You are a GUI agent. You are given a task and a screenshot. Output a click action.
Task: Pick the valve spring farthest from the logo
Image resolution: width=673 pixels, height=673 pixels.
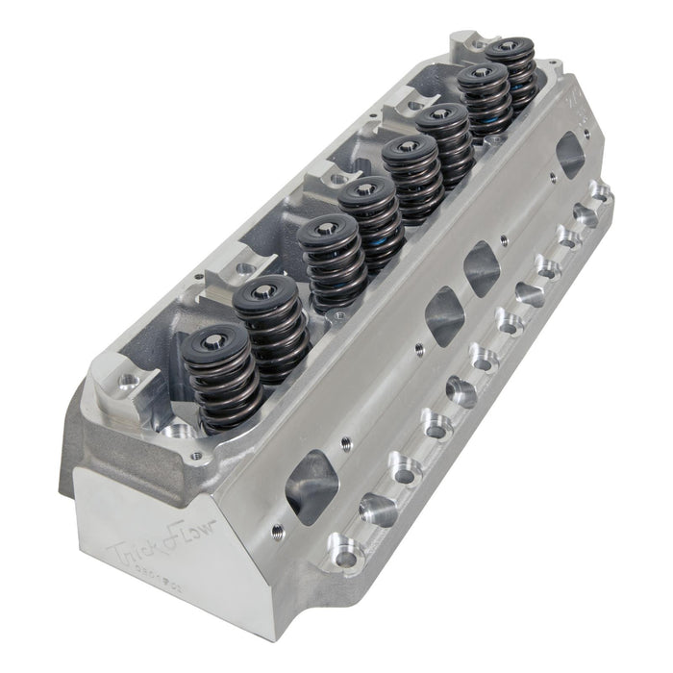[509, 73]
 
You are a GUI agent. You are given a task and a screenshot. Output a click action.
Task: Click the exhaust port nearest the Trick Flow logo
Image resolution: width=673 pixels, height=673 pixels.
[312, 486]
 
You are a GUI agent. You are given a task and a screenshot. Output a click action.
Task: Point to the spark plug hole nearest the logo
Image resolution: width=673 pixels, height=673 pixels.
[370, 504]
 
